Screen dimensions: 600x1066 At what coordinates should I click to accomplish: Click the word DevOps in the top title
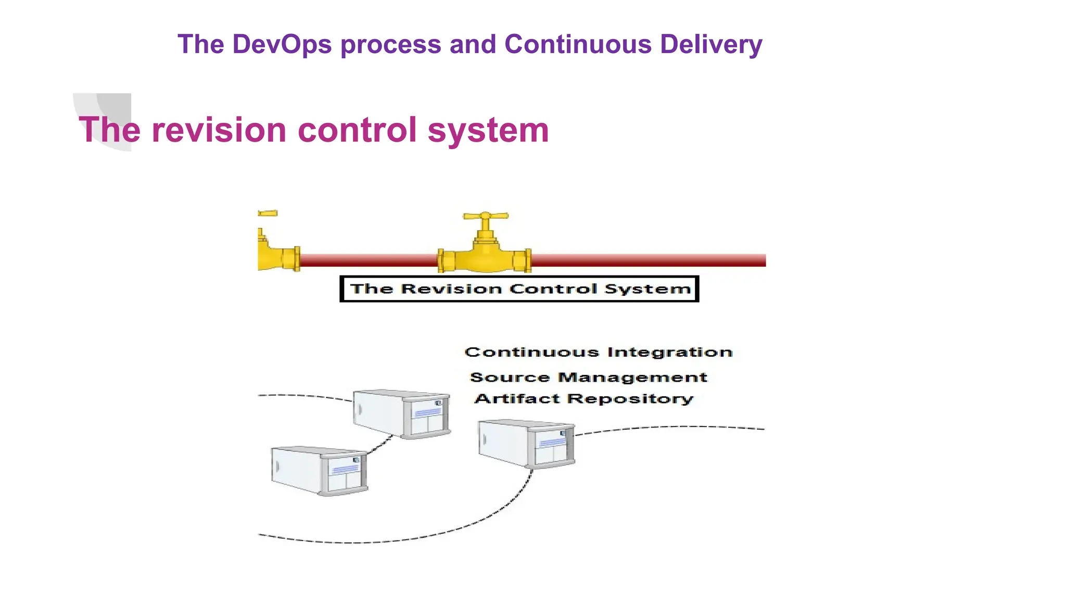pyautogui.click(x=282, y=44)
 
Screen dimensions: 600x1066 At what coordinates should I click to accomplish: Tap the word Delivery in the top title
pyautogui.click(x=711, y=44)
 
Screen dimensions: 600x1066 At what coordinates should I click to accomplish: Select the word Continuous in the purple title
pyautogui.click(x=578, y=44)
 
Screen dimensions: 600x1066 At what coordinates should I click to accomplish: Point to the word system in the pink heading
pyautogui.click(x=488, y=130)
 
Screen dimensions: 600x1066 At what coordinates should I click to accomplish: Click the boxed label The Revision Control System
pyautogui.click(x=519, y=289)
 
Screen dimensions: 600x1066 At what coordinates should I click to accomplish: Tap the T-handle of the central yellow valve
pyautogui.click(x=486, y=216)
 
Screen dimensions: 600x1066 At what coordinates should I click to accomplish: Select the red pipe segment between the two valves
pyautogui.click(x=369, y=260)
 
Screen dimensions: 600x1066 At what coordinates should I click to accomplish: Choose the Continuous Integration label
pyautogui.click(x=598, y=353)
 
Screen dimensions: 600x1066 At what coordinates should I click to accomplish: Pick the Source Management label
pyautogui.click(x=588, y=377)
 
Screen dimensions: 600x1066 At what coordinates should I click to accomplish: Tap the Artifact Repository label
pyautogui.click(x=583, y=399)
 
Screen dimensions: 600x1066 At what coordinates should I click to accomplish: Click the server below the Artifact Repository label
pyautogui.click(x=526, y=444)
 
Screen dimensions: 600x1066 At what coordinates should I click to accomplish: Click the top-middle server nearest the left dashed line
pyautogui.click(x=401, y=414)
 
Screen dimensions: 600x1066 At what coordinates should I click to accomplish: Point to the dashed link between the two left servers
pyautogui.click(x=380, y=446)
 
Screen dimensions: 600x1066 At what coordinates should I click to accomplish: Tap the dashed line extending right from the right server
pyautogui.click(x=671, y=428)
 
